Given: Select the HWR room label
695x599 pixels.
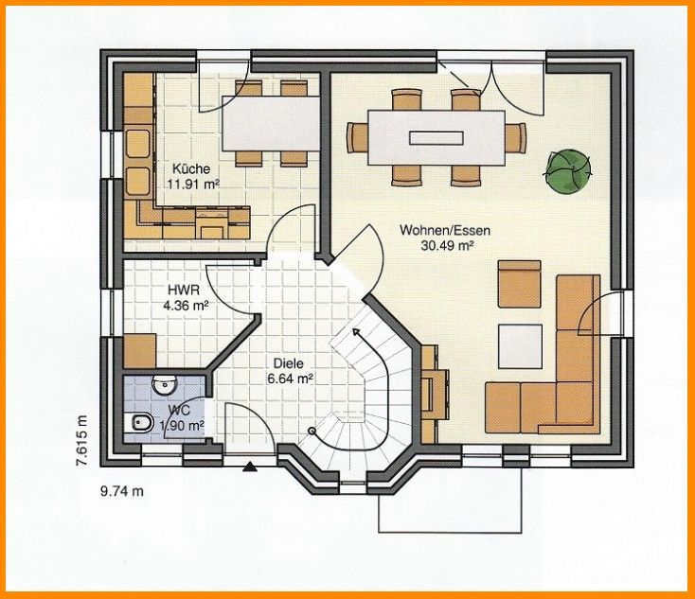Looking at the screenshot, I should [182, 290].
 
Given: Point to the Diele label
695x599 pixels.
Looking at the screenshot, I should [288, 361].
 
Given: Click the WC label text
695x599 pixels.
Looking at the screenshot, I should [182, 411].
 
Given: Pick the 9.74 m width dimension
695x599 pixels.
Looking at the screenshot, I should [121, 491].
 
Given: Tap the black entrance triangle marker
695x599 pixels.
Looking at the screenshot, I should [250, 465].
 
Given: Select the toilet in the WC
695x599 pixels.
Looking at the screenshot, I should [139, 422].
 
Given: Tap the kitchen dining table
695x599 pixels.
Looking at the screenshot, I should [270, 121].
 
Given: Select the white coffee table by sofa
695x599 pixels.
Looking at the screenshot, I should [522, 345].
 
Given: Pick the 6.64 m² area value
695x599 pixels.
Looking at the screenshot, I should [293, 378].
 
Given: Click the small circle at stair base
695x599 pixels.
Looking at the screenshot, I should [312, 431].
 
